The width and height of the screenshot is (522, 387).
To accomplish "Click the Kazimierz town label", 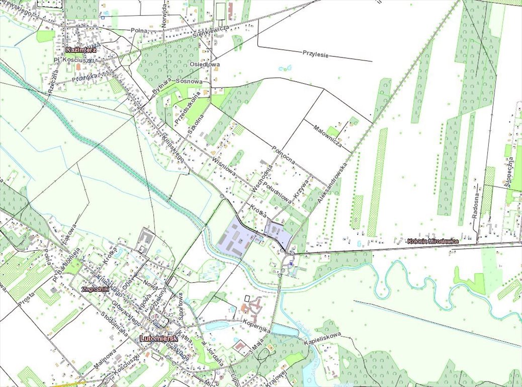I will coord(80,50).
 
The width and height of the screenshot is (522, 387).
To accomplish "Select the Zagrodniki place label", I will coord(95,289).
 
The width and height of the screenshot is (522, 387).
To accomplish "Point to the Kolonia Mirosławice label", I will coord(433,241).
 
